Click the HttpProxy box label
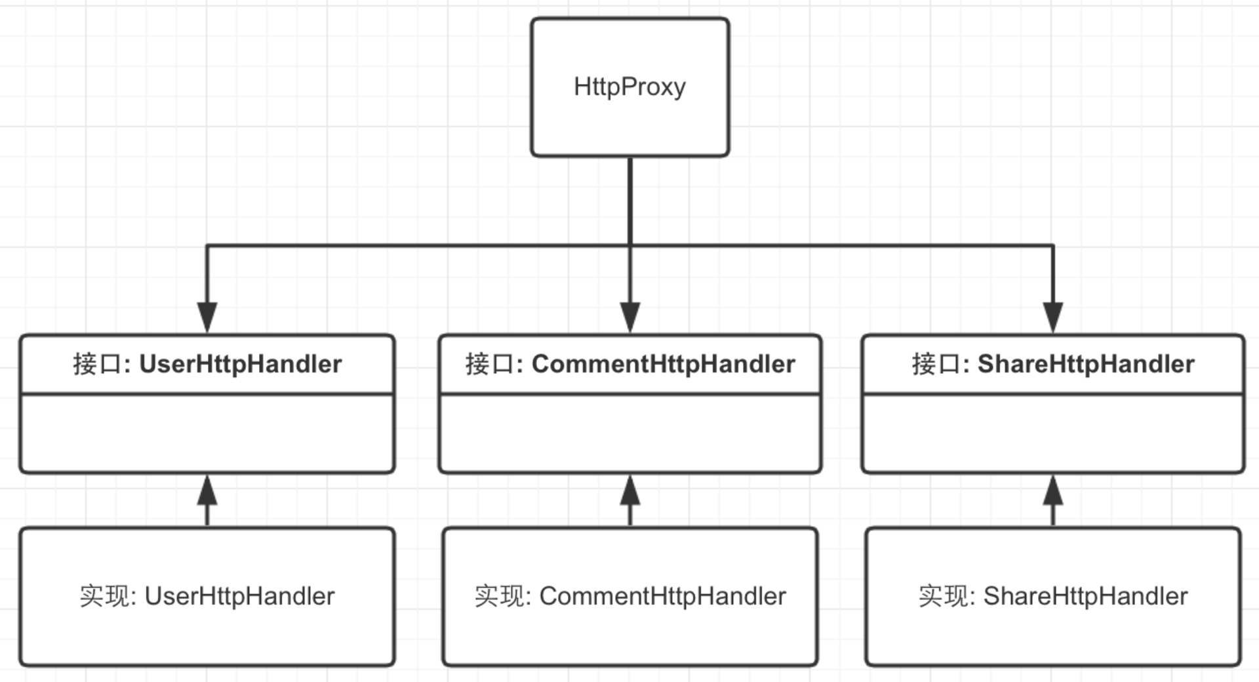coord(629,87)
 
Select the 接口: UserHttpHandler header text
coord(207,364)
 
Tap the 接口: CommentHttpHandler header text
coord(630,364)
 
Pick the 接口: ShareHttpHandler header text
coord(1053,364)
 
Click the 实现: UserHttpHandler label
coord(207,596)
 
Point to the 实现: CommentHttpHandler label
coord(630,596)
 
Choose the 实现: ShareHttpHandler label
coord(1053,596)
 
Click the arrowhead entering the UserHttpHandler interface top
coord(207,317)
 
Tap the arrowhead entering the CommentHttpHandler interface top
coord(630,317)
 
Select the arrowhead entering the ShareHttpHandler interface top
coord(1053,317)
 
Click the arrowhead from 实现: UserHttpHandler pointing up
coord(207,490)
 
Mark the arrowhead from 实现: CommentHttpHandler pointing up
coord(630,490)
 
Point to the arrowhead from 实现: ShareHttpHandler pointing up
coord(1053,490)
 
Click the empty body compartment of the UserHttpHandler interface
coord(207,433)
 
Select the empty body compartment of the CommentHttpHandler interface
coord(630,433)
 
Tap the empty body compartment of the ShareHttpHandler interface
coord(1053,433)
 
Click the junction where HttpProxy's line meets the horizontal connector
coord(630,246)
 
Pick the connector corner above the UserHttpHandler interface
coord(207,246)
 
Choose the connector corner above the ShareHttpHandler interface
coord(1053,246)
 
